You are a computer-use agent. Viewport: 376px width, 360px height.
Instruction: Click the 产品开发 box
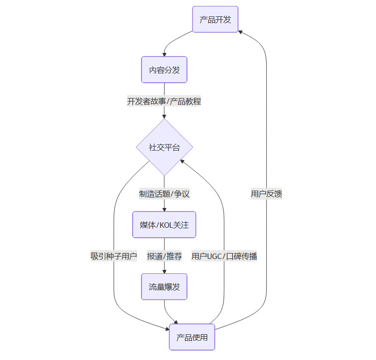click(x=215, y=19)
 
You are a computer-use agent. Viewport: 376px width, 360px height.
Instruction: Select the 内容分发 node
click(x=164, y=70)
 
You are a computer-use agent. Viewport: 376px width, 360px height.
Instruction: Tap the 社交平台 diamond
click(x=164, y=147)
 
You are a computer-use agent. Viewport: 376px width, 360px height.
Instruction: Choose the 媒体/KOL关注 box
click(x=164, y=225)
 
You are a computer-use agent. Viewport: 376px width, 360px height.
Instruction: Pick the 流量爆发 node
click(x=164, y=286)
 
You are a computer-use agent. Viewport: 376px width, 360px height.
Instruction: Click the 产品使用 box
click(x=192, y=337)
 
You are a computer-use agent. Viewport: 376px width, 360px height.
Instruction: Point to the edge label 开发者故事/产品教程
click(x=164, y=102)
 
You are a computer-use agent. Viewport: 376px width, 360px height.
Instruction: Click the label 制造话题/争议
click(x=164, y=194)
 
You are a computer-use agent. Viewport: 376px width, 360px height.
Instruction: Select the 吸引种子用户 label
click(x=114, y=256)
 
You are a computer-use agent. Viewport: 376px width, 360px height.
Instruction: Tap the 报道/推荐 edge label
click(x=164, y=256)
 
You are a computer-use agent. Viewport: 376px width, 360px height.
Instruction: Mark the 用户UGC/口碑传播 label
click(x=224, y=256)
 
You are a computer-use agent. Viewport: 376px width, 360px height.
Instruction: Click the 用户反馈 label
click(x=267, y=194)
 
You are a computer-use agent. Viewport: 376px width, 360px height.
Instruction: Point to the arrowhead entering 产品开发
click(x=240, y=31)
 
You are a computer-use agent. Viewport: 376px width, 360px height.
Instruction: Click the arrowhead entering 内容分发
click(x=164, y=54)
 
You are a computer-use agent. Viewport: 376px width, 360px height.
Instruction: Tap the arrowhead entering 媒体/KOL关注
click(x=164, y=209)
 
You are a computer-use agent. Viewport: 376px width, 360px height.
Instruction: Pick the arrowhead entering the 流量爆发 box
click(x=164, y=271)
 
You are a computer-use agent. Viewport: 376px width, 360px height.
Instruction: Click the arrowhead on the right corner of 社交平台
click(x=182, y=161)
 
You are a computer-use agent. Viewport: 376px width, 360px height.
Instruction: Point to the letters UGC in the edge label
click(x=215, y=256)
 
